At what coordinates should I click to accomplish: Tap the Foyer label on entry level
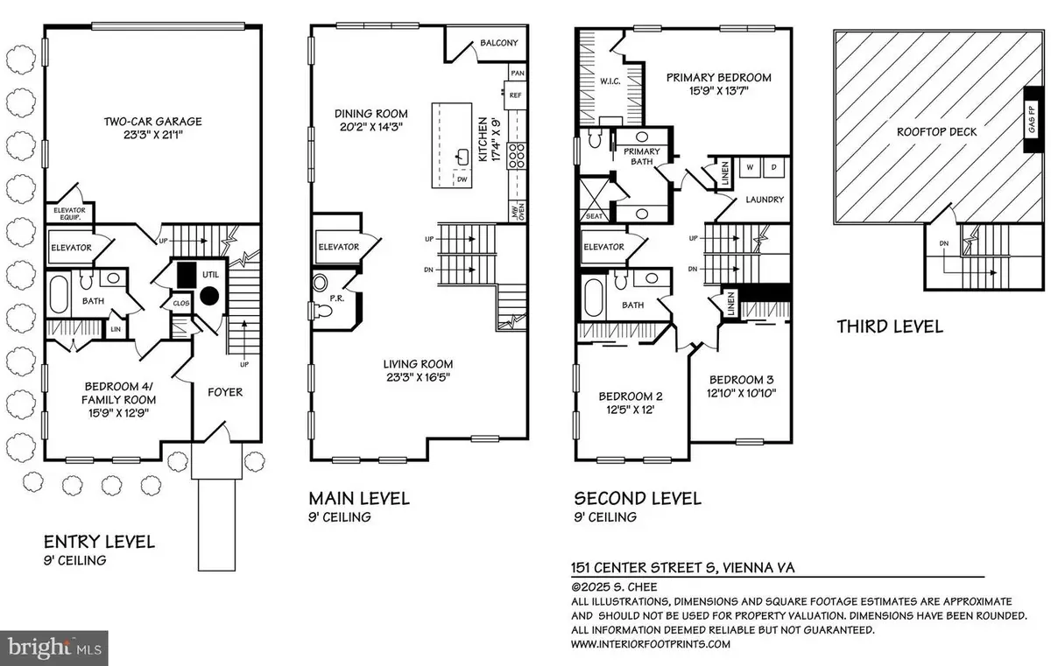tap(225, 392)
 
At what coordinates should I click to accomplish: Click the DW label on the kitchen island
tap(462, 179)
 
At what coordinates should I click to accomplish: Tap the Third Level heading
tap(889, 326)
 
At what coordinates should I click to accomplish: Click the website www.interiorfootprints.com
tap(652, 643)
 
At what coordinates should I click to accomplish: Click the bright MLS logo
tap(54, 648)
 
